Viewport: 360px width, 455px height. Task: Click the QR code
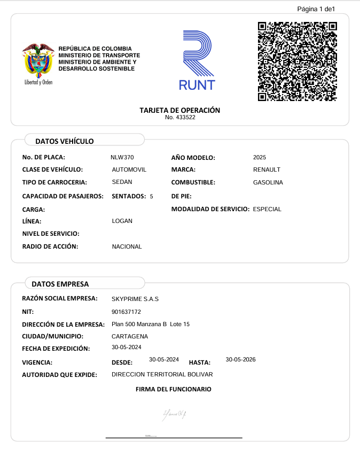297,61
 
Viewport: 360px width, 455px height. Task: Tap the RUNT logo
197,60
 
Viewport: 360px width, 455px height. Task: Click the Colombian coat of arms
38,61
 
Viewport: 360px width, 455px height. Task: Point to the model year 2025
260,157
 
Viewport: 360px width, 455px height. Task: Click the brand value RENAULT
267,169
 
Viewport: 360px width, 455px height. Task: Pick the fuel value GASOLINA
268,182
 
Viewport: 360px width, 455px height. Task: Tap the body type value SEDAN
122,182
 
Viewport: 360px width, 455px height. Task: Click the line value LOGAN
122,221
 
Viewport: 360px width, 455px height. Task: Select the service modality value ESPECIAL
267,209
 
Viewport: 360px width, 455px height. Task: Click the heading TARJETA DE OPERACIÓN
180,110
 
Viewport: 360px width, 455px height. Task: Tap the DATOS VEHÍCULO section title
64,141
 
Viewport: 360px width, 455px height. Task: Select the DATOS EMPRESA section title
60,284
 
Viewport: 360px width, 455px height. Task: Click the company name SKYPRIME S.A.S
135,299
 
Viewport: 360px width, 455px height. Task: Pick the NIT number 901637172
126,312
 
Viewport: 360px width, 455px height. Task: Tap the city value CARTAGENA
130,336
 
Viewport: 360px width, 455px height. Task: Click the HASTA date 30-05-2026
241,359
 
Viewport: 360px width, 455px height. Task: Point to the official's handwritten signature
175,413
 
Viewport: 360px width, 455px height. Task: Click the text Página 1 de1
316,9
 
